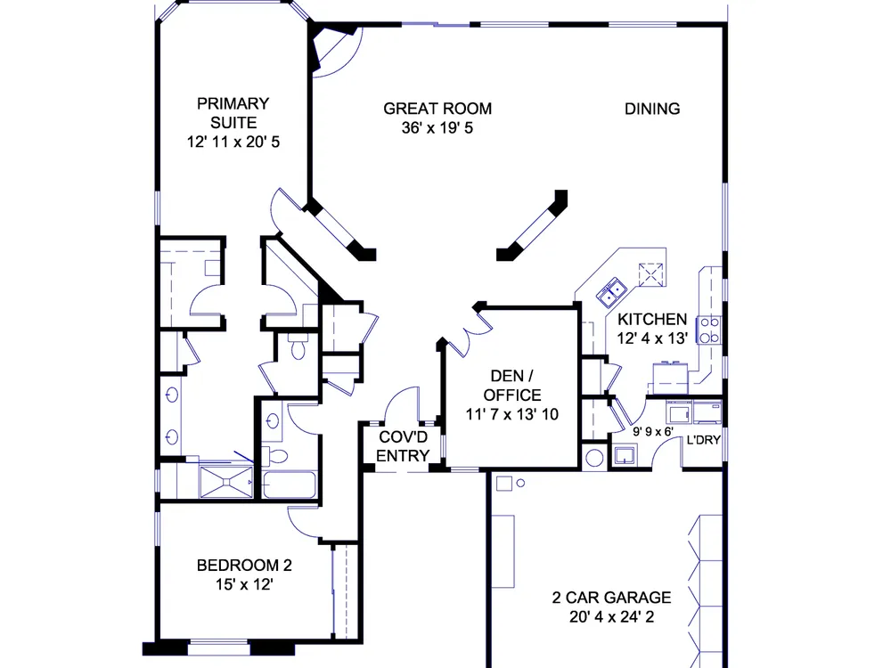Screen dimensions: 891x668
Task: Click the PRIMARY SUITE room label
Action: click(x=233, y=113)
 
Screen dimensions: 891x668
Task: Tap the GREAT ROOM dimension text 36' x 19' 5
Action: click(x=437, y=127)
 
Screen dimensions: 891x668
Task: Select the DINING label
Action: click(x=652, y=109)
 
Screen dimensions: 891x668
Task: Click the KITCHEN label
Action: click(x=652, y=319)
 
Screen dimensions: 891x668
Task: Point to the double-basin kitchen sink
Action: click(x=611, y=292)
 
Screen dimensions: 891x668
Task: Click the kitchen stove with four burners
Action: click(x=709, y=330)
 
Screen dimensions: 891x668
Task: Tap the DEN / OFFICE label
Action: click(x=511, y=386)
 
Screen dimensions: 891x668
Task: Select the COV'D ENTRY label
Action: click(x=403, y=446)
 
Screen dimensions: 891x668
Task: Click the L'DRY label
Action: click(x=704, y=440)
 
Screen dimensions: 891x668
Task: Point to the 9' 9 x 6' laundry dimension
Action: click(x=653, y=432)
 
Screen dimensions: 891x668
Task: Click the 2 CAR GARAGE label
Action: click(x=611, y=598)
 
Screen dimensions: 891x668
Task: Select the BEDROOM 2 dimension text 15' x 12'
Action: click(x=244, y=584)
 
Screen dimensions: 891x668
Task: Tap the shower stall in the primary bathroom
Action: click(x=226, y=482)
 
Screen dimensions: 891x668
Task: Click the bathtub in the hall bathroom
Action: click(x=290, y=485)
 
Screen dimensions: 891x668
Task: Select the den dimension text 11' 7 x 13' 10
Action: click(x=512, y=415)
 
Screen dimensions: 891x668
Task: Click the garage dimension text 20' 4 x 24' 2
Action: click(x=611, y=617)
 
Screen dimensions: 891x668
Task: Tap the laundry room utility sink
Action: click(x=625, y=455)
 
